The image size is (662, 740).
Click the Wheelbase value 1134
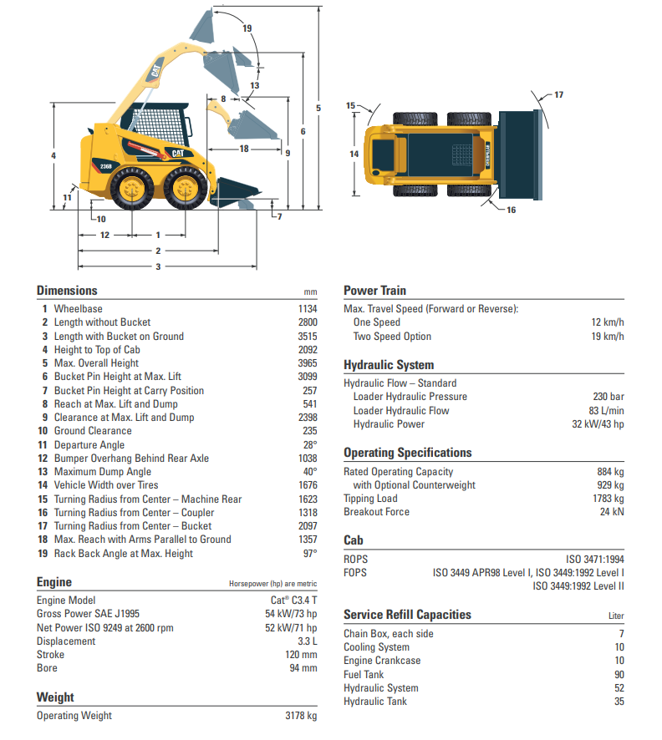[307, 309]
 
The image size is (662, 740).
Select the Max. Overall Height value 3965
[307, 363]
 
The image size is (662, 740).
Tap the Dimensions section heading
[67, 291]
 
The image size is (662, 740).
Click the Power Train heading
[374, 291]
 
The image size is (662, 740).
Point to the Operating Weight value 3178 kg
[300, 716]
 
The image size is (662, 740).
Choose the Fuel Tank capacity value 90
[619, 675]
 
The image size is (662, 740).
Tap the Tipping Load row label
[370, 499]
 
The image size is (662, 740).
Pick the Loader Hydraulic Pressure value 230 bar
[609, 397]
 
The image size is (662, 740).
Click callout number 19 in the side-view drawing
[247, 28]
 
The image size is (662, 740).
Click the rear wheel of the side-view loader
[132, 189]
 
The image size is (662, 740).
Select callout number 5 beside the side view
[318, 108]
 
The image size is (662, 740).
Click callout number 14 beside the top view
[354, 154]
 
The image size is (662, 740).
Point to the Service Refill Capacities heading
[407, 615]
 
